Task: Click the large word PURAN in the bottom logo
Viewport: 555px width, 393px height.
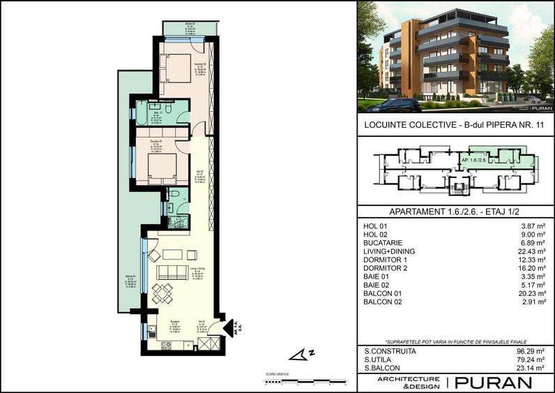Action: coord(492,383)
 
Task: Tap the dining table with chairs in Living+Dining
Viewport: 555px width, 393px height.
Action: coord(162,293)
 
